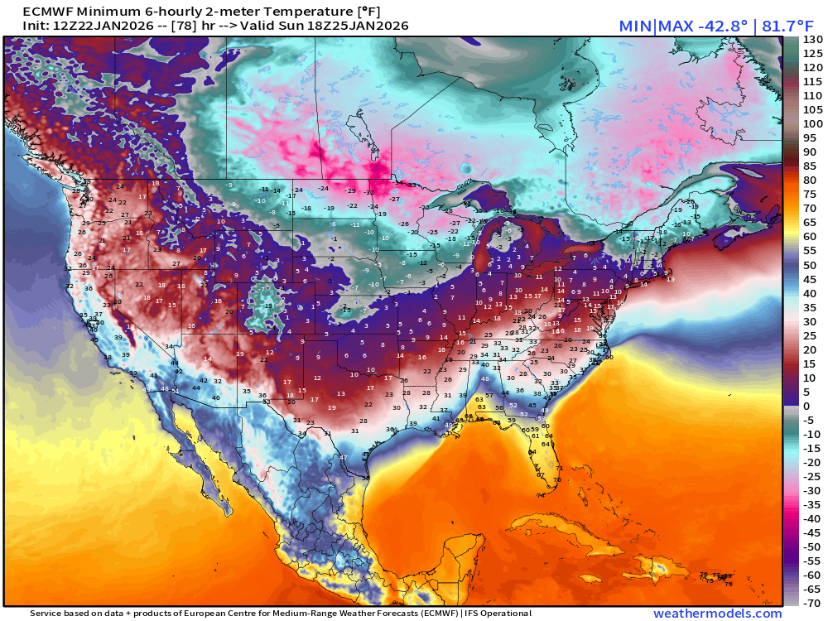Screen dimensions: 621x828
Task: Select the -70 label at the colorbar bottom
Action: (812, 603)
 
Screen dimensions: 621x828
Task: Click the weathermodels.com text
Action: (717, 614)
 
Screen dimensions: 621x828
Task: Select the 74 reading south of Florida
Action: (541, 495)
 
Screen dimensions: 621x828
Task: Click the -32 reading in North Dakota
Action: (369, 192)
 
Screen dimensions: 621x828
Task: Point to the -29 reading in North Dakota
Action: (350, 190)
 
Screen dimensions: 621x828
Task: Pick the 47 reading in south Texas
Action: (343, 457)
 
